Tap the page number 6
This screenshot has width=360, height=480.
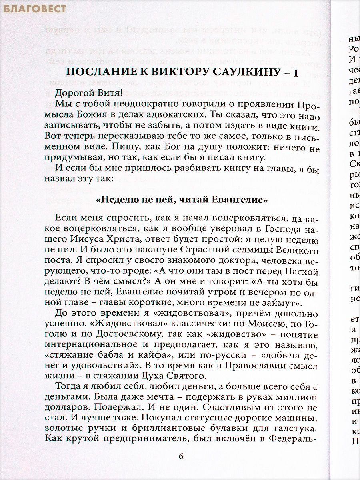tap(181, 456)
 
